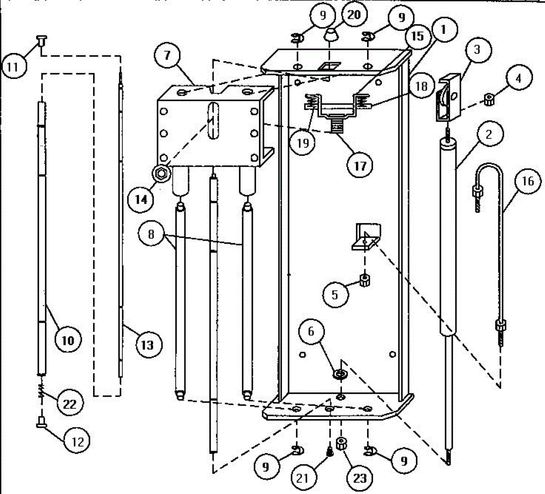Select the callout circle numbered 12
pyautogui.click(x=77, y=440)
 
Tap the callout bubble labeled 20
pyautogui.click(x=353, y=15)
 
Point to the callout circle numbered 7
pyautogui.click(x=167, y=56)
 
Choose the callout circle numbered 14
pyautogui.click(x=141, y=199)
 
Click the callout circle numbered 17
pyautogui.click(x=360, y=166)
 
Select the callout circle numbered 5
pyautogui.click(x=335, y=295)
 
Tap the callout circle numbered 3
pyautogui.click(x=477, y=49)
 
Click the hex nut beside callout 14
pyautogui.click(x=160, y=172)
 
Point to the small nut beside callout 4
pyautogui.click(x=489, y=98)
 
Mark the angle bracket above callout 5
pyautogui.click(x=367, y=236)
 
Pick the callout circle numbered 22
pyautogui.click(x=69, y=403)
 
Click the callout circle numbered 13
pyautogui.click(x=147, y=345)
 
